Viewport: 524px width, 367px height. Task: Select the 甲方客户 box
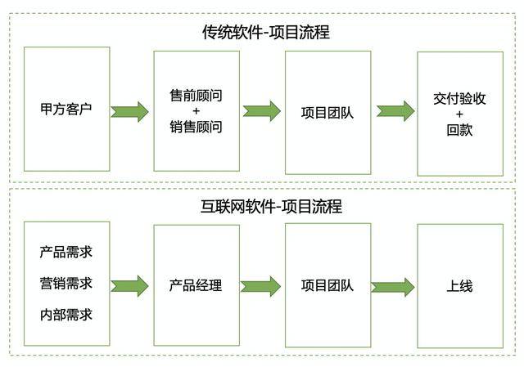coord(65,109)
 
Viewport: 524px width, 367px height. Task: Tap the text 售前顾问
coord(196,95)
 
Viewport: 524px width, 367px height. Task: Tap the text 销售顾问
coord(196,127)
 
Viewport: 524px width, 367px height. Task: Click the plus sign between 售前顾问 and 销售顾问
coord(196,111)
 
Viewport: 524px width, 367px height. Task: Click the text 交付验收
coord(459,97)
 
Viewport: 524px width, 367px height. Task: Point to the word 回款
coord(459,129)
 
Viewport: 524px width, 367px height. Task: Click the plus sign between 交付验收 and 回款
coord(459,114)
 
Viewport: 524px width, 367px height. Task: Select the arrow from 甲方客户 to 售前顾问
coord(130,111)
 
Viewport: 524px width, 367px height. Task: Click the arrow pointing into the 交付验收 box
coord(395,111)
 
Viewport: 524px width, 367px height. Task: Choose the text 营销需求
coord(65,284)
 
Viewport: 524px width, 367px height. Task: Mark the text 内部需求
coord(65,315)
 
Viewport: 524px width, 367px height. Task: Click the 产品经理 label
coord(196,285)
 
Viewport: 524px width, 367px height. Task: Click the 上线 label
coord(459,286)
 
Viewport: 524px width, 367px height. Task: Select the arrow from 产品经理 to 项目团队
coord(261,286)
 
